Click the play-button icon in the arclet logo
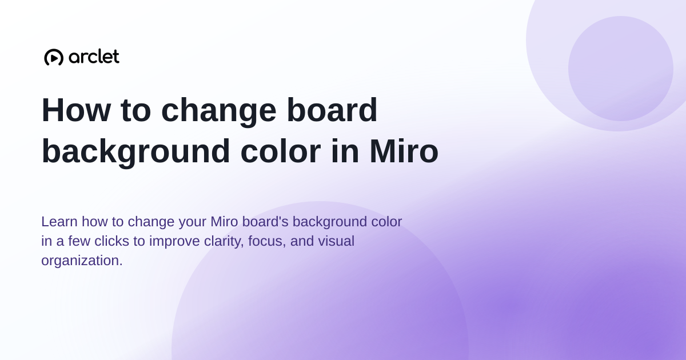click(54, 57)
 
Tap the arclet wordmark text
click(94, 57)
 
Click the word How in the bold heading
click(76, 110)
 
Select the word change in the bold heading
click(218, 111)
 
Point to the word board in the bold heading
click(332, 110)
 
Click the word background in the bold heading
click(135, 152)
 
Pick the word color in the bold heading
click(281, 151)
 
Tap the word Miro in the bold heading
click(404, 151)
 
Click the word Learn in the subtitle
click(59, 222)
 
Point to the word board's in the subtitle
click(265, 222)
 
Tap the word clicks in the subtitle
click(111, 241)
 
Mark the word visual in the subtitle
click(336, 241)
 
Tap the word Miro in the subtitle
click(224, 222)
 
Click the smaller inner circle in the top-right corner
click(620, 69)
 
